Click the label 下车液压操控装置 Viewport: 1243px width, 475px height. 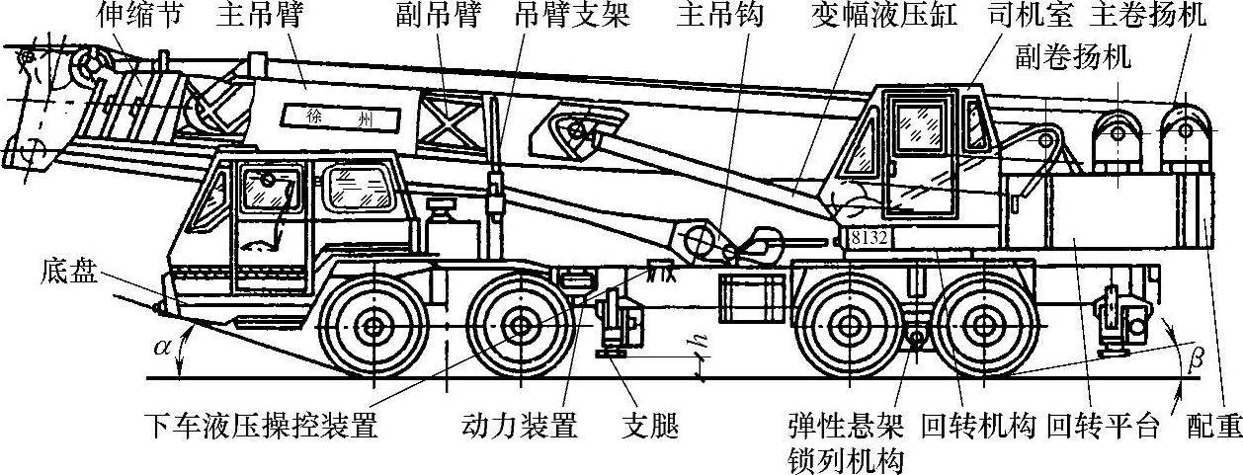pos(261,427)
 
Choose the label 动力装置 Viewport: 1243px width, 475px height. pos(520,427)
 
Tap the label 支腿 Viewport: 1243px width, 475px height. pos(651,427)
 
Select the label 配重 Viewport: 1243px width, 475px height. pos(1213,427)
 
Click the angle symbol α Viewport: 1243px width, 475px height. pos(163,350)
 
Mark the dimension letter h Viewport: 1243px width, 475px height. pos(699,339)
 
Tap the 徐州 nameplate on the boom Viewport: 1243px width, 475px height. pos(341,117)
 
